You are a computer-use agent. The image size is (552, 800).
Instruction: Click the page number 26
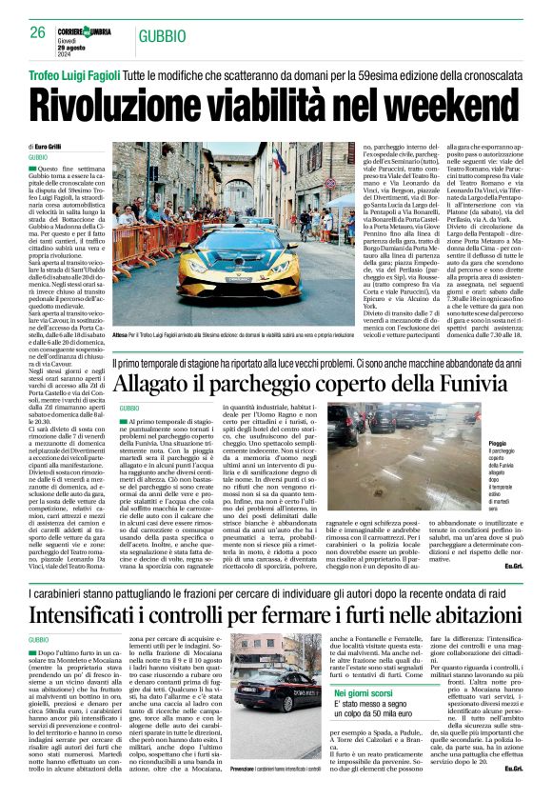pos(37,32)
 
